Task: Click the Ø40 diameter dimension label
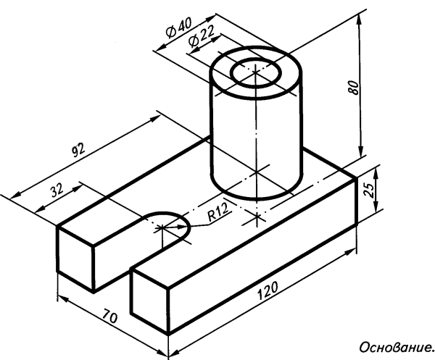(178, 28)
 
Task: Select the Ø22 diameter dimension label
(201, 37)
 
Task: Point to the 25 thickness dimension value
(369, 190)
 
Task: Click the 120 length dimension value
(268, 290)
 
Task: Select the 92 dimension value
(78, 150)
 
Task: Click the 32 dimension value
(57, 190)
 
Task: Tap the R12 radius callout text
(219, 212)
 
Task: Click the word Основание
(397, 347)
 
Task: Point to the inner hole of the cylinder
(255, 72)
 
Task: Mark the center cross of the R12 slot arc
(161, 227)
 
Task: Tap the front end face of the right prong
(149, 300)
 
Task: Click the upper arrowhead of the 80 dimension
(360, 18)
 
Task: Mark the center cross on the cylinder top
(255, 72)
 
